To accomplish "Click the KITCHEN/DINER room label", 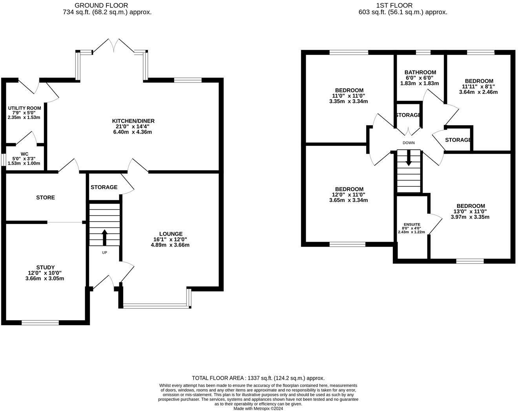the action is [133, 121].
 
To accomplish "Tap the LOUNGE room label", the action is [171, 234].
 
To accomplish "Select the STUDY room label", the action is [45, 267].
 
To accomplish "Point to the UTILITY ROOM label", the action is [24, 108].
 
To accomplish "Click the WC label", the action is [25, 154].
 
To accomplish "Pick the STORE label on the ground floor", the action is [46, 197].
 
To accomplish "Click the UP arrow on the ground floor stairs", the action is [104, 237].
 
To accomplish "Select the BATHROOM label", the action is [420, 72].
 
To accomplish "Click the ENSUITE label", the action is [412, 224].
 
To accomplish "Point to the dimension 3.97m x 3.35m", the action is [470, 217].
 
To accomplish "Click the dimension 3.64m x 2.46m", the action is [478, 92].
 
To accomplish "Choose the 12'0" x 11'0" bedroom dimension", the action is [348, 195].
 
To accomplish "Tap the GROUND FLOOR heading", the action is [101, 5].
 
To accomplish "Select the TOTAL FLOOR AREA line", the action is [258, 378].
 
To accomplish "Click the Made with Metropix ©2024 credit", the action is [258, 408].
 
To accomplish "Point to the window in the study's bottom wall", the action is [40, 323].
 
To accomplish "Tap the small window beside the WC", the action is [3, 160].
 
